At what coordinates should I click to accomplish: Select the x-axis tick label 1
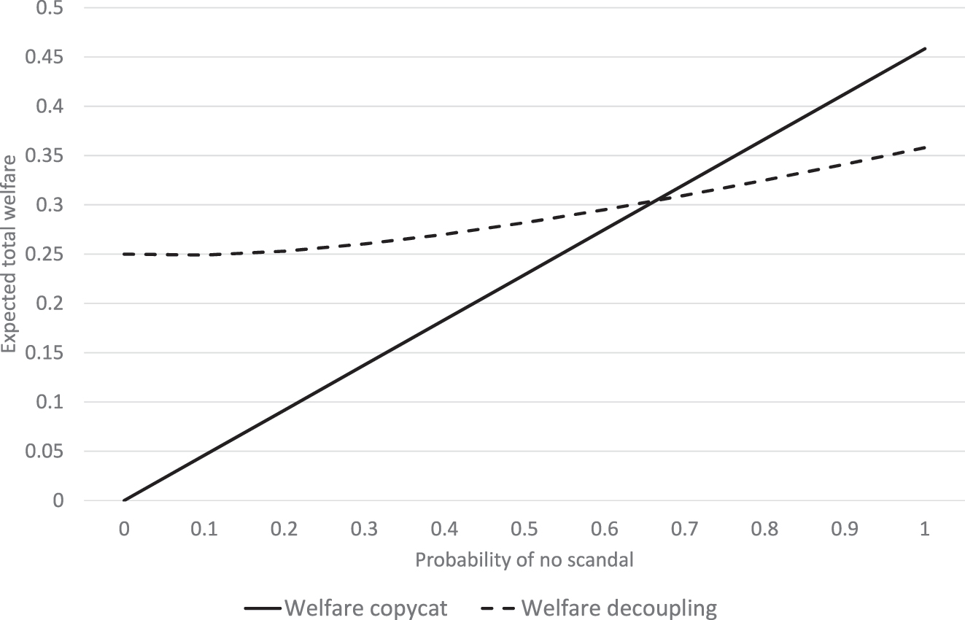[925, 530]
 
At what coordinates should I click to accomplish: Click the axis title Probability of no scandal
[524, 560]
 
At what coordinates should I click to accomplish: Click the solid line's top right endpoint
[925, 48]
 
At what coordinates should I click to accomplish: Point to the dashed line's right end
[925, 147]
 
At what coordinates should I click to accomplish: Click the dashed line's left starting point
[124, 254]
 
